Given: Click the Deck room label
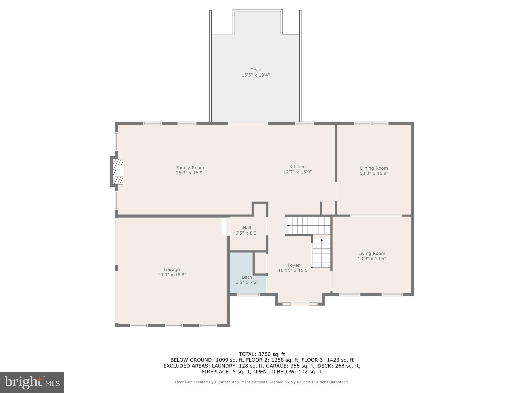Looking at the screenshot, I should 255,70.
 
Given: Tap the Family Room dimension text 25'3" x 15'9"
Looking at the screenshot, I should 190,173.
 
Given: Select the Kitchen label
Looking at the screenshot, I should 297,167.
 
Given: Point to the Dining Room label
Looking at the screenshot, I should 374,168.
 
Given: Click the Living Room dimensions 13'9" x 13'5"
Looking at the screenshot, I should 372,259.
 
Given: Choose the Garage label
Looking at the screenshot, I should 172,269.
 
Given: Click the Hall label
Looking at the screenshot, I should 247,228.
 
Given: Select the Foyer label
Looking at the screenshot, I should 293,265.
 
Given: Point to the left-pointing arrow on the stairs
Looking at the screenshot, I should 288,225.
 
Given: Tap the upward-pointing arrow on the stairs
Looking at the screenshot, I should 322,240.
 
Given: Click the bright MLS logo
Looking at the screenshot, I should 32,382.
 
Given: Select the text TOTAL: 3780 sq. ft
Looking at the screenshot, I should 262,354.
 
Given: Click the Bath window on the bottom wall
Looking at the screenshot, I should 248,295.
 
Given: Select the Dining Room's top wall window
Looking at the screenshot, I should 371,123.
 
